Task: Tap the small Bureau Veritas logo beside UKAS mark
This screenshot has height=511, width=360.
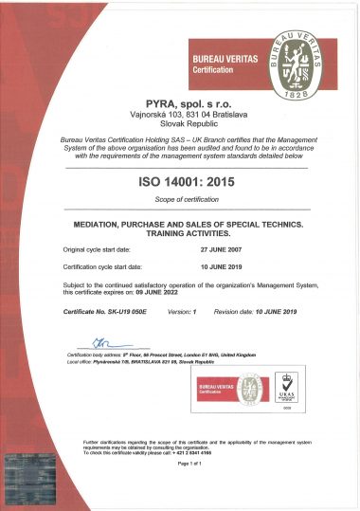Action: coord(239,389)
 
